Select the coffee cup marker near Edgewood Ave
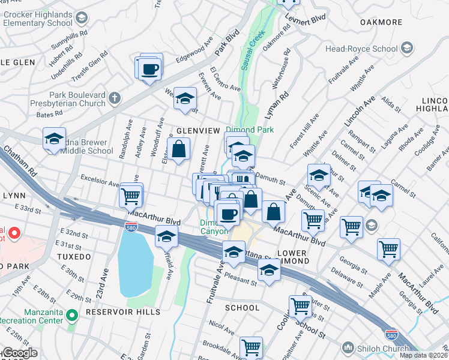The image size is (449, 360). point(150,68)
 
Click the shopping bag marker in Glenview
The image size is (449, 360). point(179,150)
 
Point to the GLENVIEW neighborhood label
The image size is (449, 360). point(196,130)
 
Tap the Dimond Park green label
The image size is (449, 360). point(249,130)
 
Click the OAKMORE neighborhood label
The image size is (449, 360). point(381,22)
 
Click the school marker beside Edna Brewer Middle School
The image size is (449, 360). point(54,139)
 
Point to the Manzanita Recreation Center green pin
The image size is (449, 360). point(72,314)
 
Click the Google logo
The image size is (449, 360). point(20,353)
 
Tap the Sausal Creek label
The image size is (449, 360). point(253,51)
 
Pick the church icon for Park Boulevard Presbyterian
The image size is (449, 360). point(115,98)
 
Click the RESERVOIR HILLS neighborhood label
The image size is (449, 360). point(122,312)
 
